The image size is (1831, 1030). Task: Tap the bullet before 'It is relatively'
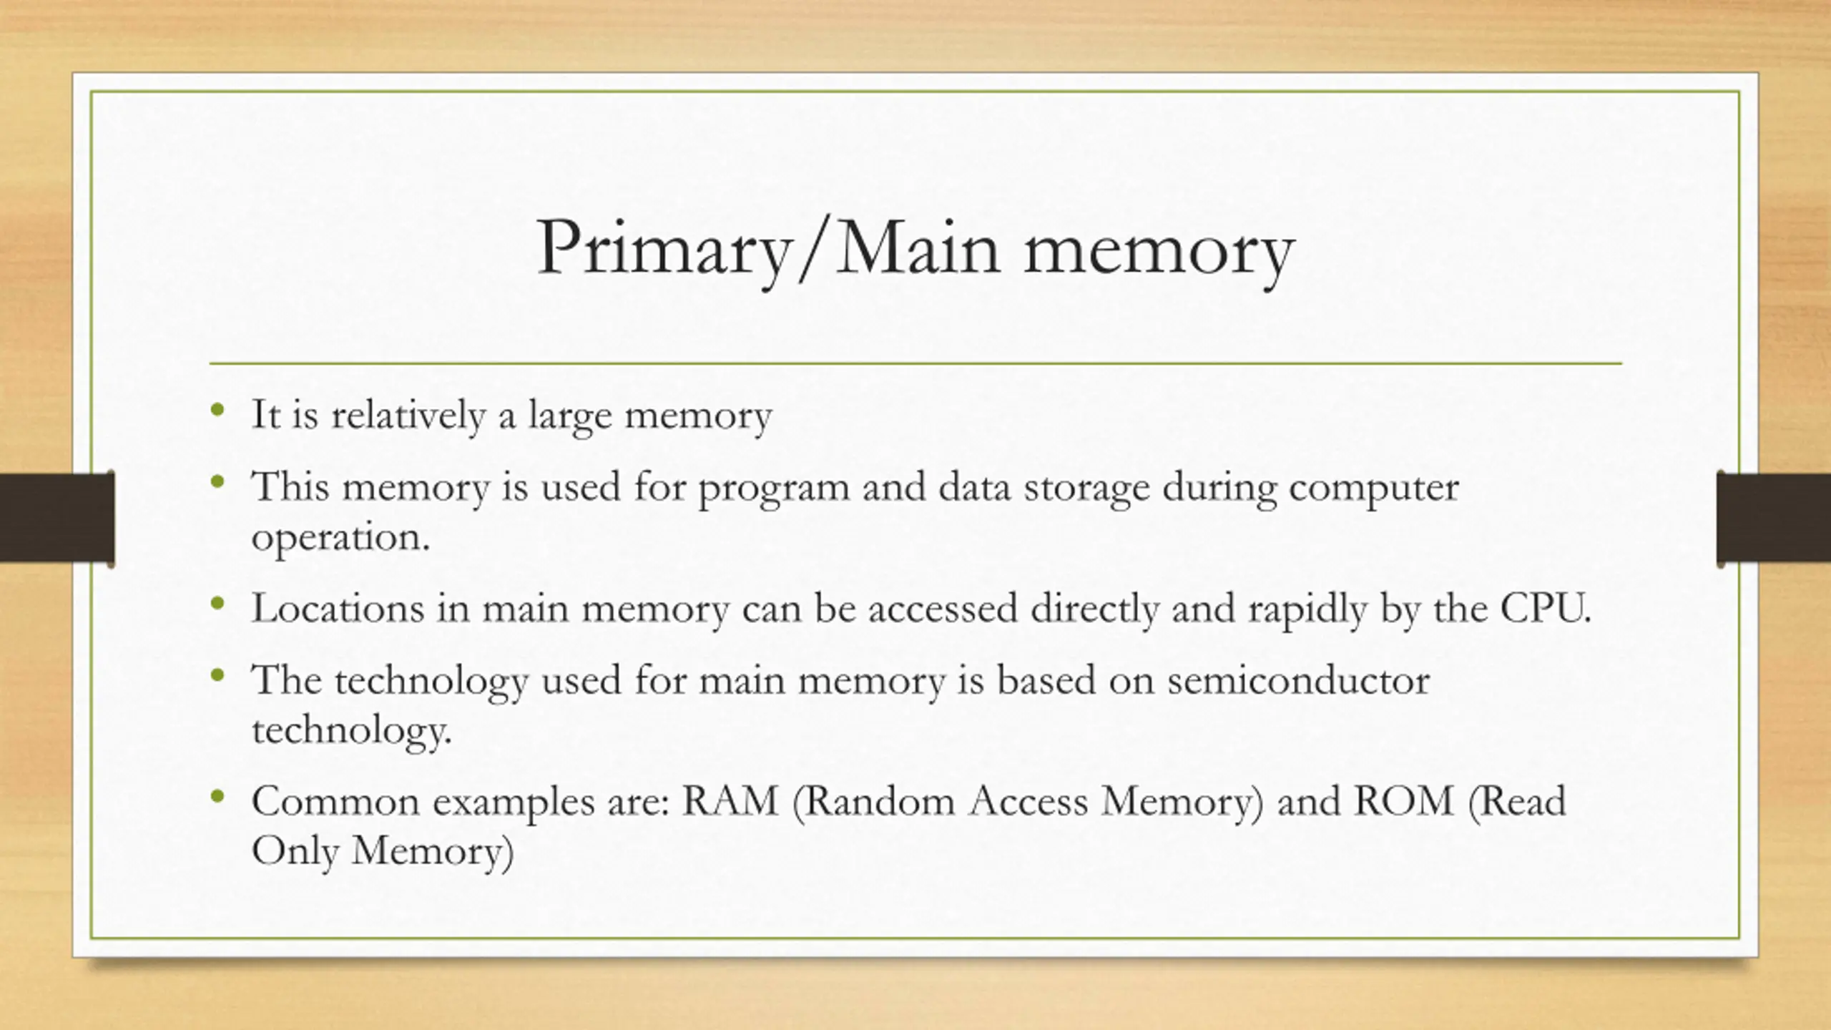point(218,411)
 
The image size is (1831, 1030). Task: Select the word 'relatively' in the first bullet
point(408,415)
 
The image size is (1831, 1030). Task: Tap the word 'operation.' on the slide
point(340,539)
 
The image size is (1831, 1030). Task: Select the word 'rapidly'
point(1307,610)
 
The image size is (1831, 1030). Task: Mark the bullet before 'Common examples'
point(218,796)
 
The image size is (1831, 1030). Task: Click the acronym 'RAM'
point(730,801)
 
